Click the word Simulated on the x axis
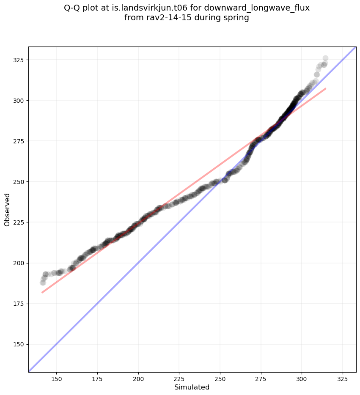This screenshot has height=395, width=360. [192, 387]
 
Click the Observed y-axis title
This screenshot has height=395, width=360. [7, 209]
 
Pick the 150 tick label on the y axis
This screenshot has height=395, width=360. [19, 344]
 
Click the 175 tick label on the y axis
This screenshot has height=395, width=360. [19, 304]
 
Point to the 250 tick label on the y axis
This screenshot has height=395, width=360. [19, 182]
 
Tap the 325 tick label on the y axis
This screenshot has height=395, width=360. [19, 60]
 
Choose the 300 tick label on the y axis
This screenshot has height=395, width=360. [19, 101]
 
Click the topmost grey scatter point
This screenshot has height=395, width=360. [325, 58]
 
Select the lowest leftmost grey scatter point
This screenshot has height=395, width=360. [43, 283]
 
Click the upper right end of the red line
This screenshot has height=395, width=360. [325, 88]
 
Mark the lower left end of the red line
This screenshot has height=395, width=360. [42, 292]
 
